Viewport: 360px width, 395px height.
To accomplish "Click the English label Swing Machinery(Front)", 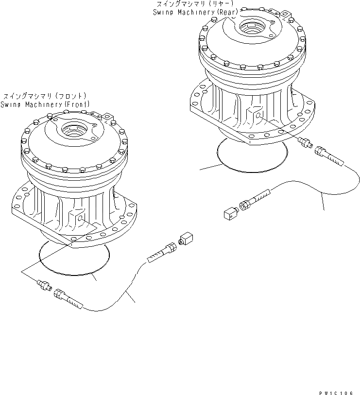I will [x=45, y=104].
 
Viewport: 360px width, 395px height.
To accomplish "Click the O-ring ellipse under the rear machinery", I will [x=250, y=155].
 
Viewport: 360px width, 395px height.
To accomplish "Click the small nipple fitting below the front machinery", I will [x=45, y=285].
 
